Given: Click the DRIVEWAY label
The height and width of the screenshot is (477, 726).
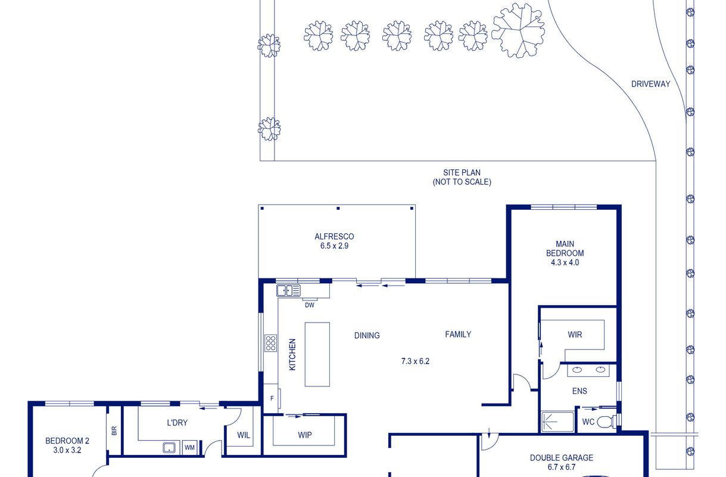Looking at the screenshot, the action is [650, 84].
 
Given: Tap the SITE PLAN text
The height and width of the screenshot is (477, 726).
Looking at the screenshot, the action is [462, 173].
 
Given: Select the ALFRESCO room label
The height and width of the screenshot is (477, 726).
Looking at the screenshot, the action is [334, 237].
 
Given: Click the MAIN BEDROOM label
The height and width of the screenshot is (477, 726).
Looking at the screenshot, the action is [565, 249].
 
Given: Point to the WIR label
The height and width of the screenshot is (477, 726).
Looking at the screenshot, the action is [575, 334].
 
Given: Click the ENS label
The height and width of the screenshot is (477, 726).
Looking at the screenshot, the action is [579, 391].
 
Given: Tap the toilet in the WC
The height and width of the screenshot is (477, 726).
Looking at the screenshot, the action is [606, 422].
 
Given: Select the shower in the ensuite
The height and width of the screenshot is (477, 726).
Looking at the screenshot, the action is [557, 422].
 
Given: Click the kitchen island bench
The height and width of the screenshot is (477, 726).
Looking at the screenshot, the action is [317, 354].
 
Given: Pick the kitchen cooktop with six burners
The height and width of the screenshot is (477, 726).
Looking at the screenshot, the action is [270, 343].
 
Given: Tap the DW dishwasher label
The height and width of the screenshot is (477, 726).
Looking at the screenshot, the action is [310, 305].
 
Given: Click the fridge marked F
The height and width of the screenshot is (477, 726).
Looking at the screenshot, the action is [272, 398].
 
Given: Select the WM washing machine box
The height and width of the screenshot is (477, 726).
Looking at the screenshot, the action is [189, 448].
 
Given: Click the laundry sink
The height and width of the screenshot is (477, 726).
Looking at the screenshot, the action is [169, 448].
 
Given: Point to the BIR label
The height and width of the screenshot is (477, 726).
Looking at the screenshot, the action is [114, 431].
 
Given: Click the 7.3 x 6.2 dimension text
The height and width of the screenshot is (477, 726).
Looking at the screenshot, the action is [415, 361].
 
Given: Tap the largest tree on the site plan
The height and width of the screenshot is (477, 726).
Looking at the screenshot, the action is [519, 30].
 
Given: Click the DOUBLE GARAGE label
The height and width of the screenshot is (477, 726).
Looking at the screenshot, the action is [562, 458].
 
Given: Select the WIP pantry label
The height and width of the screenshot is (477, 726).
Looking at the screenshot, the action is [305, 435].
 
